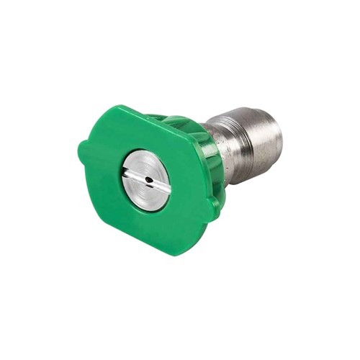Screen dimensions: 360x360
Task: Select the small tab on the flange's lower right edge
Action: coord(214,209)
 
